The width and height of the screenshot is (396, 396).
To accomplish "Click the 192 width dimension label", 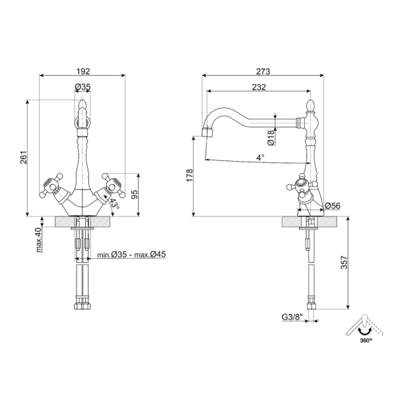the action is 83,71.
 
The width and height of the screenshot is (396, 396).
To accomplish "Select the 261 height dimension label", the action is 24,158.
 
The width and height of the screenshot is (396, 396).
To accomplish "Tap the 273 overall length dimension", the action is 263,71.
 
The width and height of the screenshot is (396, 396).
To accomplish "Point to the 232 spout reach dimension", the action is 259,87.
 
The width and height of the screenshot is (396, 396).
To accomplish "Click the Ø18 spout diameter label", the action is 271,138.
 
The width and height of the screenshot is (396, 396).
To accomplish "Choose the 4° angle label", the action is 261,157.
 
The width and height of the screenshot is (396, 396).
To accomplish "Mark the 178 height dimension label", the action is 189,175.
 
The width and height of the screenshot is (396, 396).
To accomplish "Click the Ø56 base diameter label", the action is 333,206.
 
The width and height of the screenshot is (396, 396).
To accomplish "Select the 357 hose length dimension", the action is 345,263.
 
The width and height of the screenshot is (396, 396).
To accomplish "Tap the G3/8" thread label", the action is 292,317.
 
